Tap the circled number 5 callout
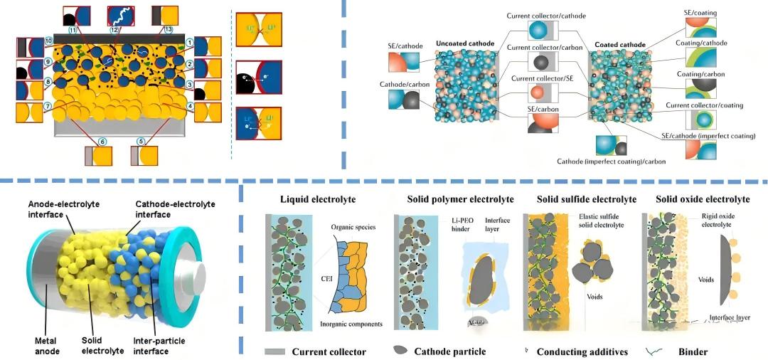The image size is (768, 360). [140, 140]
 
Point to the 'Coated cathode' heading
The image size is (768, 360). [618, 45]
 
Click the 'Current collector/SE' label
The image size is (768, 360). [542, 78]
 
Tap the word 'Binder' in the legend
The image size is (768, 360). [693, 351]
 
